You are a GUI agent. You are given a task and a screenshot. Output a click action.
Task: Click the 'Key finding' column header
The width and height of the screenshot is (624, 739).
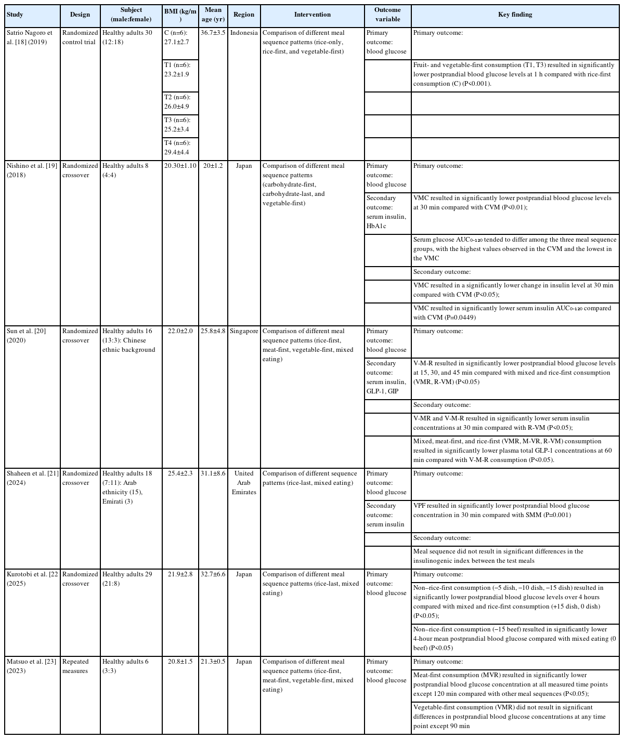point(515,15)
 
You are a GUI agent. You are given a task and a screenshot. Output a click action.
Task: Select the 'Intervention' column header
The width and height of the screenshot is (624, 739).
point(312,15)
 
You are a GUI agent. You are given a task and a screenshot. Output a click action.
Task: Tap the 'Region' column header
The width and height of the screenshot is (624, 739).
point(244,15)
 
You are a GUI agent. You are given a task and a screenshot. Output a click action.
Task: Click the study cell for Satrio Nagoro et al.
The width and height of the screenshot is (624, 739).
point(30,37)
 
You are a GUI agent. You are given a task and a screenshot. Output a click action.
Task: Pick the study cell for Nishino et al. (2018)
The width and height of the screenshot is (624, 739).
point(30,170)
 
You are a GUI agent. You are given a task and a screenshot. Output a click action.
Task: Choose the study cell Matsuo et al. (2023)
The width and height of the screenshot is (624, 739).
point(30,666)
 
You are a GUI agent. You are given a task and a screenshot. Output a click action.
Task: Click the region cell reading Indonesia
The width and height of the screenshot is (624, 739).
point(244,33)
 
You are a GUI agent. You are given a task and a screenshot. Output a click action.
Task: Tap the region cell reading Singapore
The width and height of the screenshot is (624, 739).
point(244,331)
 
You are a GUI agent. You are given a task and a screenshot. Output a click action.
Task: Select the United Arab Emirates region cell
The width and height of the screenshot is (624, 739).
point(244,482)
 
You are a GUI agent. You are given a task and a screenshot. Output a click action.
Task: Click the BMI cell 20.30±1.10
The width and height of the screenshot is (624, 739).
point(180,166)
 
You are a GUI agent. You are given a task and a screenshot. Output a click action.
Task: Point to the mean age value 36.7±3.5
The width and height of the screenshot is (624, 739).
point(213,33)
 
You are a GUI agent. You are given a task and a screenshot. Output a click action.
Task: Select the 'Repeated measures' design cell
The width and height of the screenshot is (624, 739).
point(75,666)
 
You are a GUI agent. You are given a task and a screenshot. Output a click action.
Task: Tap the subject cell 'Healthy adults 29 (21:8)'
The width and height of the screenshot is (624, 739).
point(127,579)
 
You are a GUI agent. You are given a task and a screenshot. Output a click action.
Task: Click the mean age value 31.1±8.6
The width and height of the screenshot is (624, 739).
point(213,473)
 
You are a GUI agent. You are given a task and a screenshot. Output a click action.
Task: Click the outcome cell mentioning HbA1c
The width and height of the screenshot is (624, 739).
point(387,212)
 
